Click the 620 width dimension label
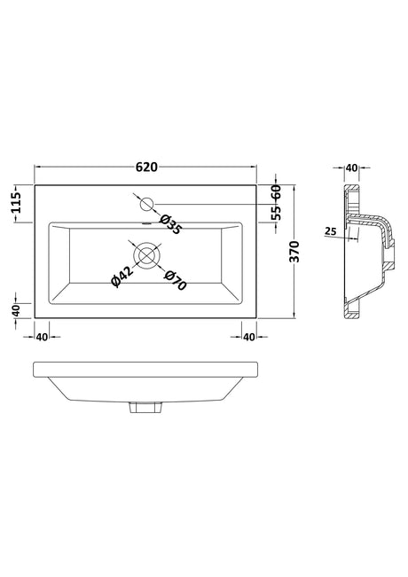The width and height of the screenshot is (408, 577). coord(146,167)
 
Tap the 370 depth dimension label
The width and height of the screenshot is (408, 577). coord(294,252)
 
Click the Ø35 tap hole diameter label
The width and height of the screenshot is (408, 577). coord(170,224)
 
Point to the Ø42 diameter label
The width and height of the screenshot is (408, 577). coord(122,277)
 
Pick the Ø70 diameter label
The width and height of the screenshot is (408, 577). coord(176,280)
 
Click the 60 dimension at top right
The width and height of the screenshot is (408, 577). coord(276,192)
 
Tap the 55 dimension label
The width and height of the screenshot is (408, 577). coord(276,213)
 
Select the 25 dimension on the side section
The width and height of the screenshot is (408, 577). coord(331,231)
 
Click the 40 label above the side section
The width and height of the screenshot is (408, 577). coord(351,168)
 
